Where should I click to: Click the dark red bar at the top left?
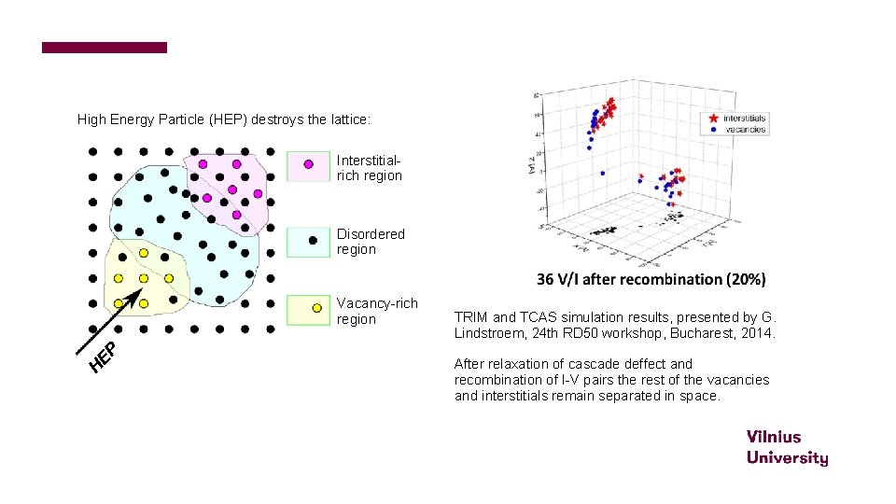(105, 48)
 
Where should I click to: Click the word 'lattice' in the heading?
(347, 120)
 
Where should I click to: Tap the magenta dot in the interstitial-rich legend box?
(308, 163)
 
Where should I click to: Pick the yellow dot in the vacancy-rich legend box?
(316, 308)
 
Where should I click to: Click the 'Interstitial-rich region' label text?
(370, 168)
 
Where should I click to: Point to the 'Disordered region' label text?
(371, 242)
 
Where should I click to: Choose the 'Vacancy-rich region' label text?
(376, 311)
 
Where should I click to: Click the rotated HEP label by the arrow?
(103, 356)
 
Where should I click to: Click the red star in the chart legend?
(713, 119)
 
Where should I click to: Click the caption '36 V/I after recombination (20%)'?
(651, 279)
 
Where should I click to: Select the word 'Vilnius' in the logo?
(773, 437)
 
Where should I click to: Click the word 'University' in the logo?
(787, 457)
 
